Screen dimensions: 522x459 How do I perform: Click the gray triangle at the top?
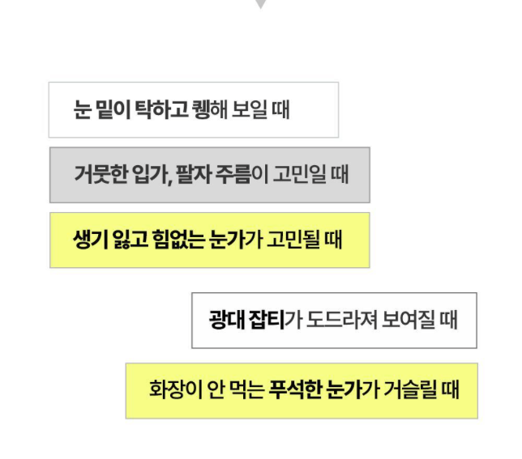tap(259, 4)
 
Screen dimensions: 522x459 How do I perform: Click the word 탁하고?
tap(162, 109)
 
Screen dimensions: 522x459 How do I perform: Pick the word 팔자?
tap(193, 175)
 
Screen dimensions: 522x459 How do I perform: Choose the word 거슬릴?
tap(411, 390)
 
